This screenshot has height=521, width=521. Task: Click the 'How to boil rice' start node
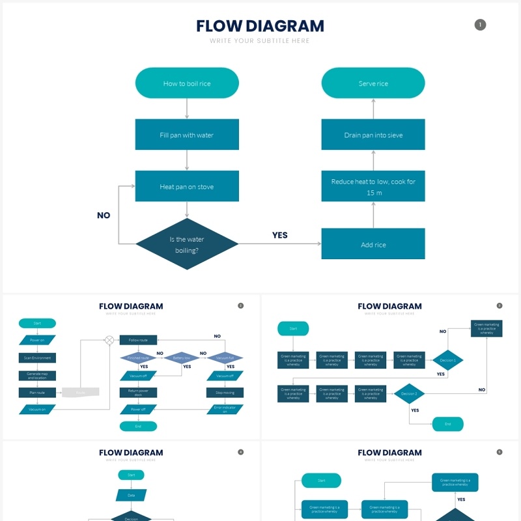[187, 83]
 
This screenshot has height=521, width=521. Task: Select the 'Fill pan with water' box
[187, 135]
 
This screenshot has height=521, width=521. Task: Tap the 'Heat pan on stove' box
[187, 186]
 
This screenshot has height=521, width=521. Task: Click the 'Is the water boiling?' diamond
[187, 244]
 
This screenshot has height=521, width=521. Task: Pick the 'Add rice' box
[373, 244]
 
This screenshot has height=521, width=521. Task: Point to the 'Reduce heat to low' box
[373, 186]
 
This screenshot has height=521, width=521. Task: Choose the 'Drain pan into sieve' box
[373, 135]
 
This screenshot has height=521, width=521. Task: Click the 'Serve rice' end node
[373, 83]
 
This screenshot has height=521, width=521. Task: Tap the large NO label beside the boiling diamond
[104, 216]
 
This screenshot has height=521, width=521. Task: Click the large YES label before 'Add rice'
[280, 235]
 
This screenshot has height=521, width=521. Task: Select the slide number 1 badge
[480, 25]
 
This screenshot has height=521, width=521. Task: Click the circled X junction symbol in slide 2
[109, 340]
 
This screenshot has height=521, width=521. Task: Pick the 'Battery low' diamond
[182, 358]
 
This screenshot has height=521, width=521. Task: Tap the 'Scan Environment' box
[37, 358]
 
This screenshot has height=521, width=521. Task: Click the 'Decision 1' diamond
[448, 360]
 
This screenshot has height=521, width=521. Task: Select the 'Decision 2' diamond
[409, 393]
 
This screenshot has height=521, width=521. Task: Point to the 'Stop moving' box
[225, 393]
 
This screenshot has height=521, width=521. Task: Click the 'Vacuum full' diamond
[225, 358]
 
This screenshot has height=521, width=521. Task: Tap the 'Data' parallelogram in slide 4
[131, 495]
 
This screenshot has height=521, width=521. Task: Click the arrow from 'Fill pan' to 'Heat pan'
[187, 160]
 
